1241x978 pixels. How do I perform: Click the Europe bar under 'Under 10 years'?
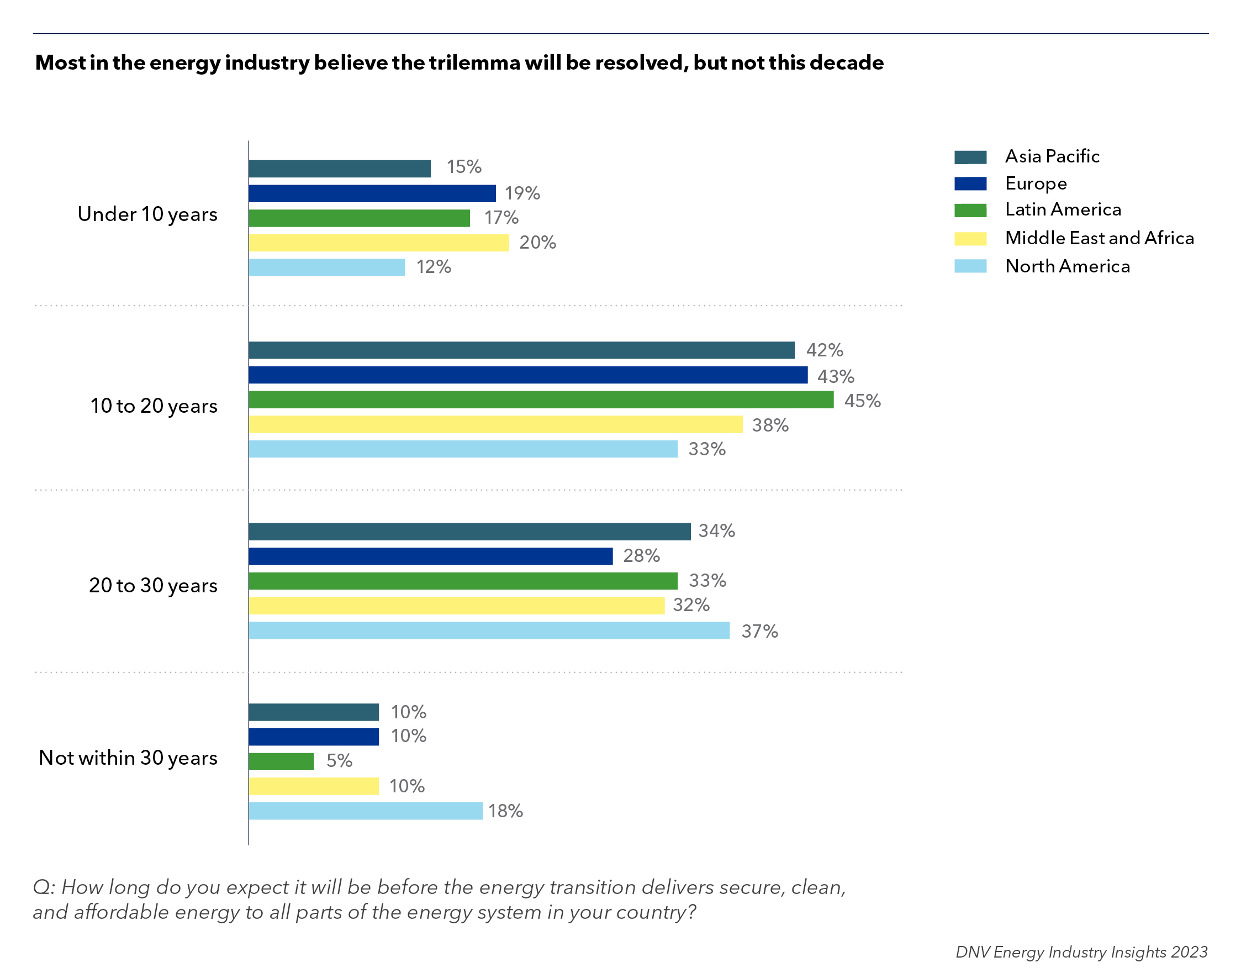click(x=372, y=193)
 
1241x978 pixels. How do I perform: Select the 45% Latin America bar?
click(x=541, y=399)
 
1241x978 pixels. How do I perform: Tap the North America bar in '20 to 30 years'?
click(x=489, y=630)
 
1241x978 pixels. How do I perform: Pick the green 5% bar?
click(x=281, y=761)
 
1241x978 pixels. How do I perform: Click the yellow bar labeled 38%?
click(x=495, y=424)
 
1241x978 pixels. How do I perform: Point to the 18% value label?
click(x=505, y=811)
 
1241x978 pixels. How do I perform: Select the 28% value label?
click(x=641, y=555)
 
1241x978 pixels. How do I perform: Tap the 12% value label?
click(x=434, y=267)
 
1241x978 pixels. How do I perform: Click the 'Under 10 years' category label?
click(x=147, y=214)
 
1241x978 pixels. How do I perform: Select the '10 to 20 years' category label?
click(x=154, y=406)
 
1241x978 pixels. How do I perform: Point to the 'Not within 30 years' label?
click(x=128, y=758)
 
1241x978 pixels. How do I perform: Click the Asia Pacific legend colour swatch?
click(x=970, y=157)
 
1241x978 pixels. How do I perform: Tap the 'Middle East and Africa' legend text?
click(x=1099, y=238)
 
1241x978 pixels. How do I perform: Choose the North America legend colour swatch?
click(x=970, y=266)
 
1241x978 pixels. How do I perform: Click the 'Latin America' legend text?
click(x=1063, y=209)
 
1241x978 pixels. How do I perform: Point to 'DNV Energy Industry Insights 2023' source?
click(x=1081, y=951)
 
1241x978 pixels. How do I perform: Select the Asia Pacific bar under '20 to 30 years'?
click(x=469, y=532)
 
